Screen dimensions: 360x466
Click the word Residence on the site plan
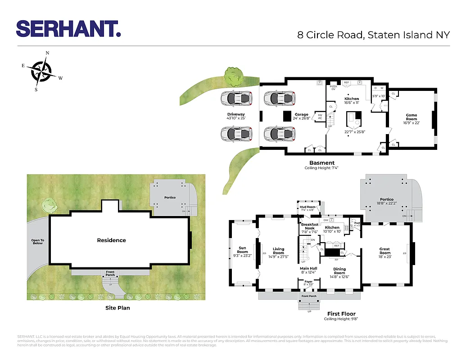point(111,240)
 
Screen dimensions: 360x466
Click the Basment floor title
point(321,163)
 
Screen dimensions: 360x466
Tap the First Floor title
point(341,314)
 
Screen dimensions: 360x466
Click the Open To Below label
point(37,242)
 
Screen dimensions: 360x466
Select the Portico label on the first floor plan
point(386,199)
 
